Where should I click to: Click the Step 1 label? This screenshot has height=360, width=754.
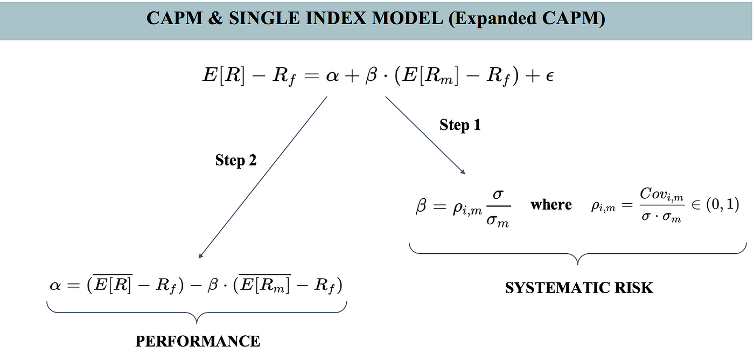tap(459, 125)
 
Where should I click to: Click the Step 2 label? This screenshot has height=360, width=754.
tap(236, 160)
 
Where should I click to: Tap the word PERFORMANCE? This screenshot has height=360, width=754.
tap(198, 341)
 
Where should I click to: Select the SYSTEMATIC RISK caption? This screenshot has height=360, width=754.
tap(579, 288)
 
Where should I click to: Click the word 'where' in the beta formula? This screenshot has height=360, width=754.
tap(550, 205)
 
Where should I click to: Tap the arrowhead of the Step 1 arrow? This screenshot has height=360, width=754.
tap(462, 171)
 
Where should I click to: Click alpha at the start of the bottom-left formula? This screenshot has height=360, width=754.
tap(55, 285)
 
